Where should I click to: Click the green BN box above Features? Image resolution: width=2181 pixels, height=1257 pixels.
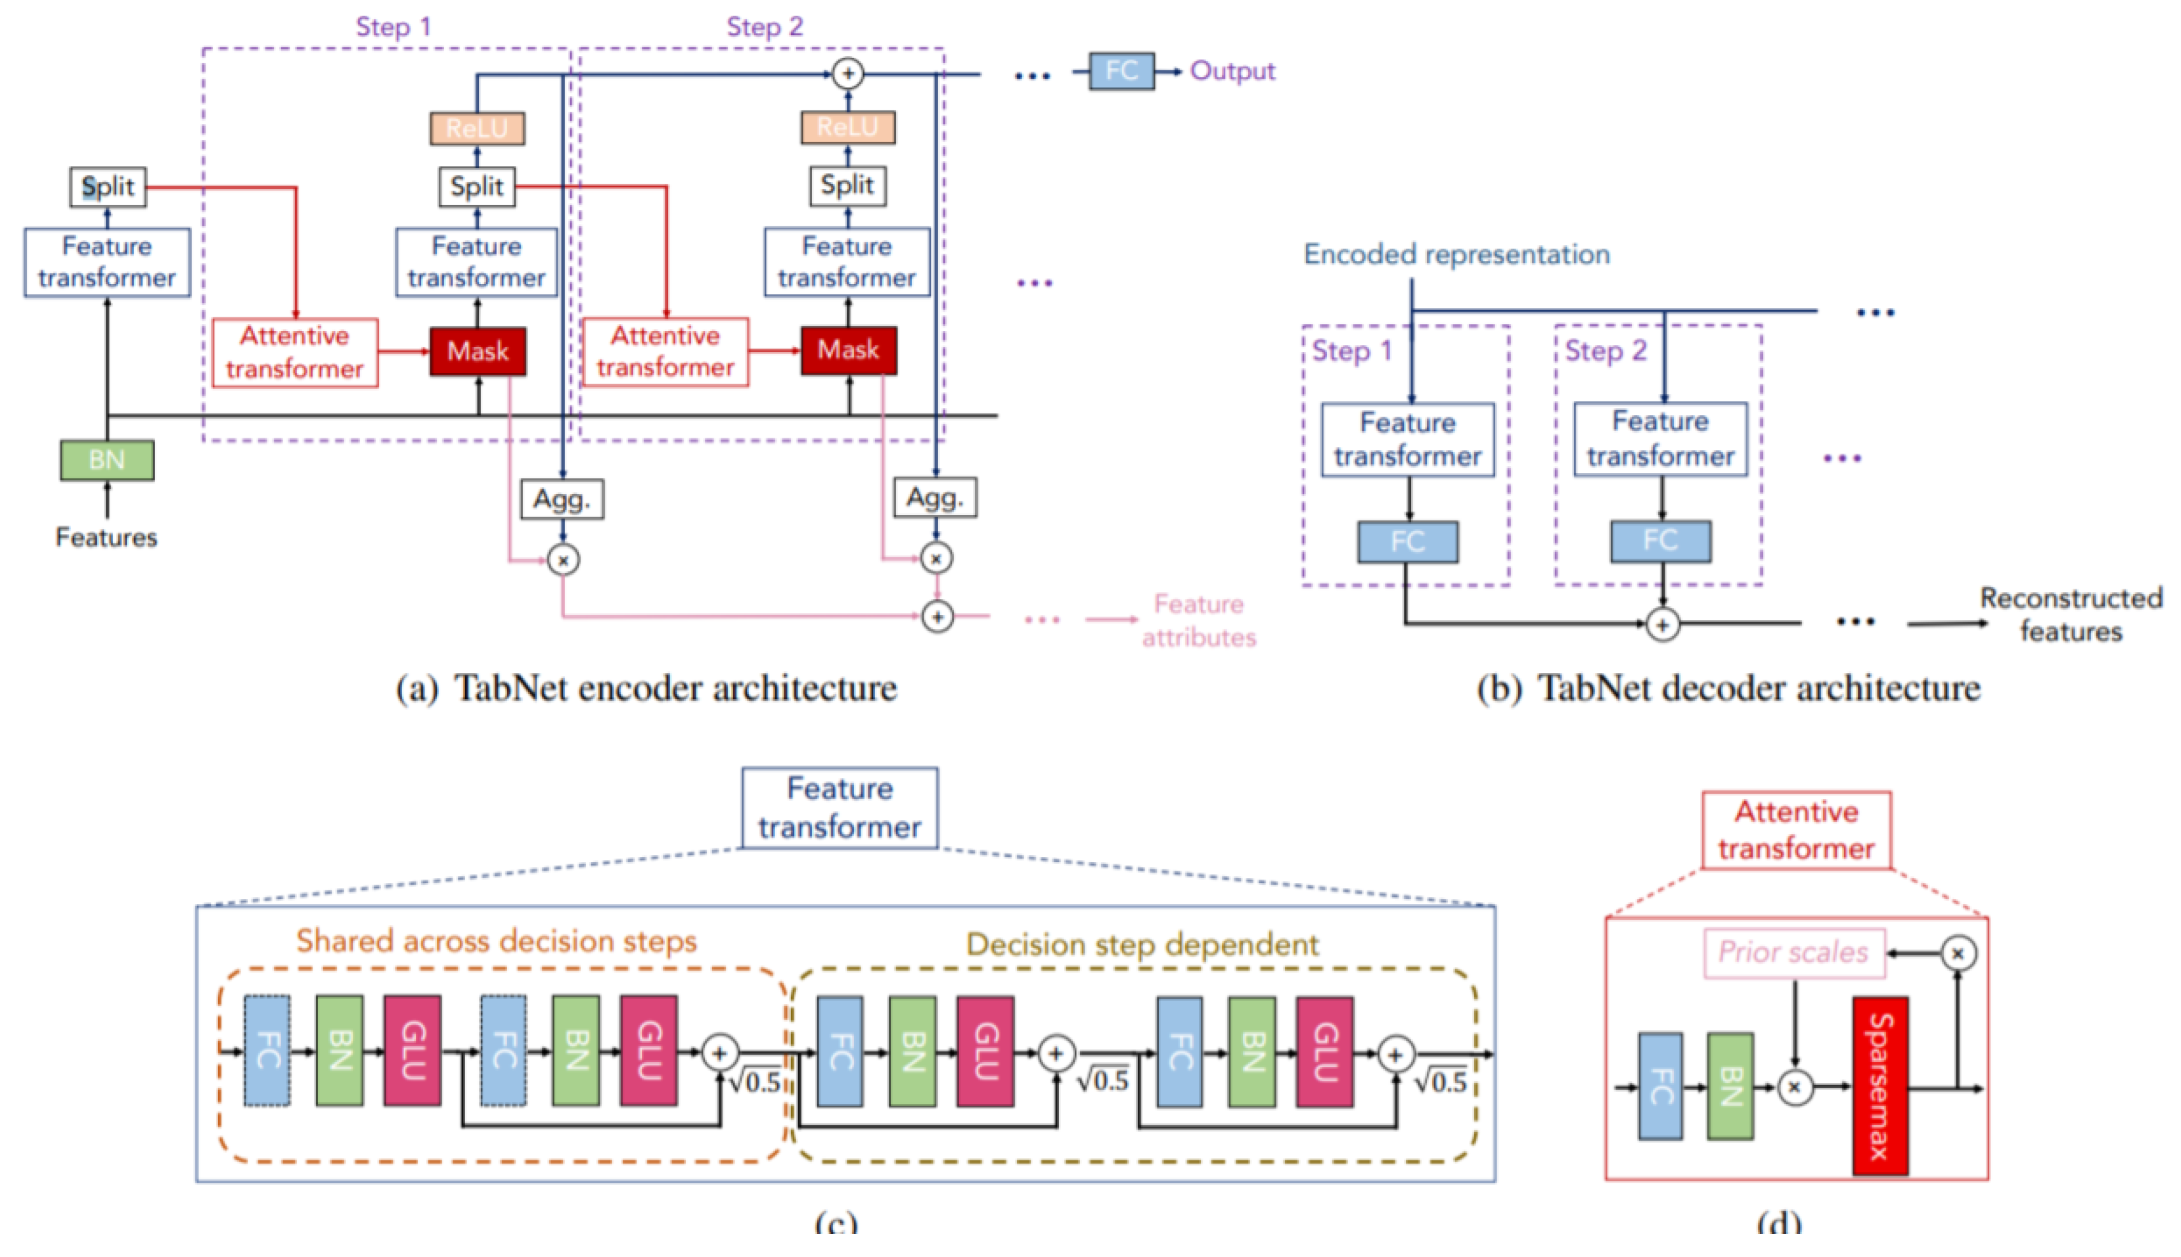coord(107,460)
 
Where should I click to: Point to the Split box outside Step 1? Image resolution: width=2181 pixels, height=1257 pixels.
coord(108,187)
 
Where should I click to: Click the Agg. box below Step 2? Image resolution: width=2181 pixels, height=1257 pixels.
coord(935,498)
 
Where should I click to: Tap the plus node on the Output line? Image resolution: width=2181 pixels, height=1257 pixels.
coord(847,74)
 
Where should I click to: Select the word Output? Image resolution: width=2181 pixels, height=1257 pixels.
coord(1232,71)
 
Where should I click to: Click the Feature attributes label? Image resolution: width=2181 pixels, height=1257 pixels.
coord(1198,620)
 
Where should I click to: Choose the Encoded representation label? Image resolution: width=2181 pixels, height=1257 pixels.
coord(1456,254)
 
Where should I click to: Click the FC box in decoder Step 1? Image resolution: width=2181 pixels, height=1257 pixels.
coord(1407,542)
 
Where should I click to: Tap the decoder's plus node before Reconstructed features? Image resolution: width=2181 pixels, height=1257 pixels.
coord(1662,624)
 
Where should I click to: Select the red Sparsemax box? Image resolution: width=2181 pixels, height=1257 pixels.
coord(1879,1086)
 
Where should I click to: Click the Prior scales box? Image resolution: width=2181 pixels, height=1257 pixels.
coord(1793,952)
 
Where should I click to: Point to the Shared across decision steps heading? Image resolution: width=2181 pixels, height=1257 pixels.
coord(496,940)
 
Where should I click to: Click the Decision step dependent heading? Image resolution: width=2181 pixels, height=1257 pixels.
coord(1142,944)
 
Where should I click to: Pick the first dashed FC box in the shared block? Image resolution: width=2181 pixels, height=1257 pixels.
coord(267,1051)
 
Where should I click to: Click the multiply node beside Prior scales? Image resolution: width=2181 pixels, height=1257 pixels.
coord(1958,953)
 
